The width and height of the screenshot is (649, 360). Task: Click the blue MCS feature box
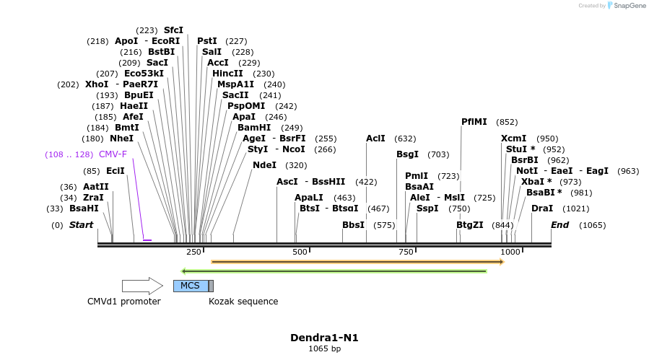190,286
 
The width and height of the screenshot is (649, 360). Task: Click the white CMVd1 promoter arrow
142,286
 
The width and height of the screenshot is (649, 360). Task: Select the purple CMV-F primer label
113,154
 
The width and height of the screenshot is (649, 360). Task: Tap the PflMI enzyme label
474,122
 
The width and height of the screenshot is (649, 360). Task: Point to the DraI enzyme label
541,208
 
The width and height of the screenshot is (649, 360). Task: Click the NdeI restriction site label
264,165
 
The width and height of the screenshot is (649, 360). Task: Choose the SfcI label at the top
173,30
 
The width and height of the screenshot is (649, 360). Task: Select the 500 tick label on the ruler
300,252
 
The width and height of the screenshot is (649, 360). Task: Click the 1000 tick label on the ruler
510,252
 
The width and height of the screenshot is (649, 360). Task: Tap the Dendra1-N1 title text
324,337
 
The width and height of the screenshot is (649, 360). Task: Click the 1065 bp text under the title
324,349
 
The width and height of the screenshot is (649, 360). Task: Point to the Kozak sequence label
243,302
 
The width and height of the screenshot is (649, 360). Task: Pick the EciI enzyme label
115,171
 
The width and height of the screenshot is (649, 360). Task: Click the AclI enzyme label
375,139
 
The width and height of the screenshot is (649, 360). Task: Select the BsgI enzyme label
407,154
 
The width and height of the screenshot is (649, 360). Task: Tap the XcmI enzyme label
513,139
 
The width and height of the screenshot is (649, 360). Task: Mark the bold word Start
81,225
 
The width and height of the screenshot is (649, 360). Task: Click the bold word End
559,225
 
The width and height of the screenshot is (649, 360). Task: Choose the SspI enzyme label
427,208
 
